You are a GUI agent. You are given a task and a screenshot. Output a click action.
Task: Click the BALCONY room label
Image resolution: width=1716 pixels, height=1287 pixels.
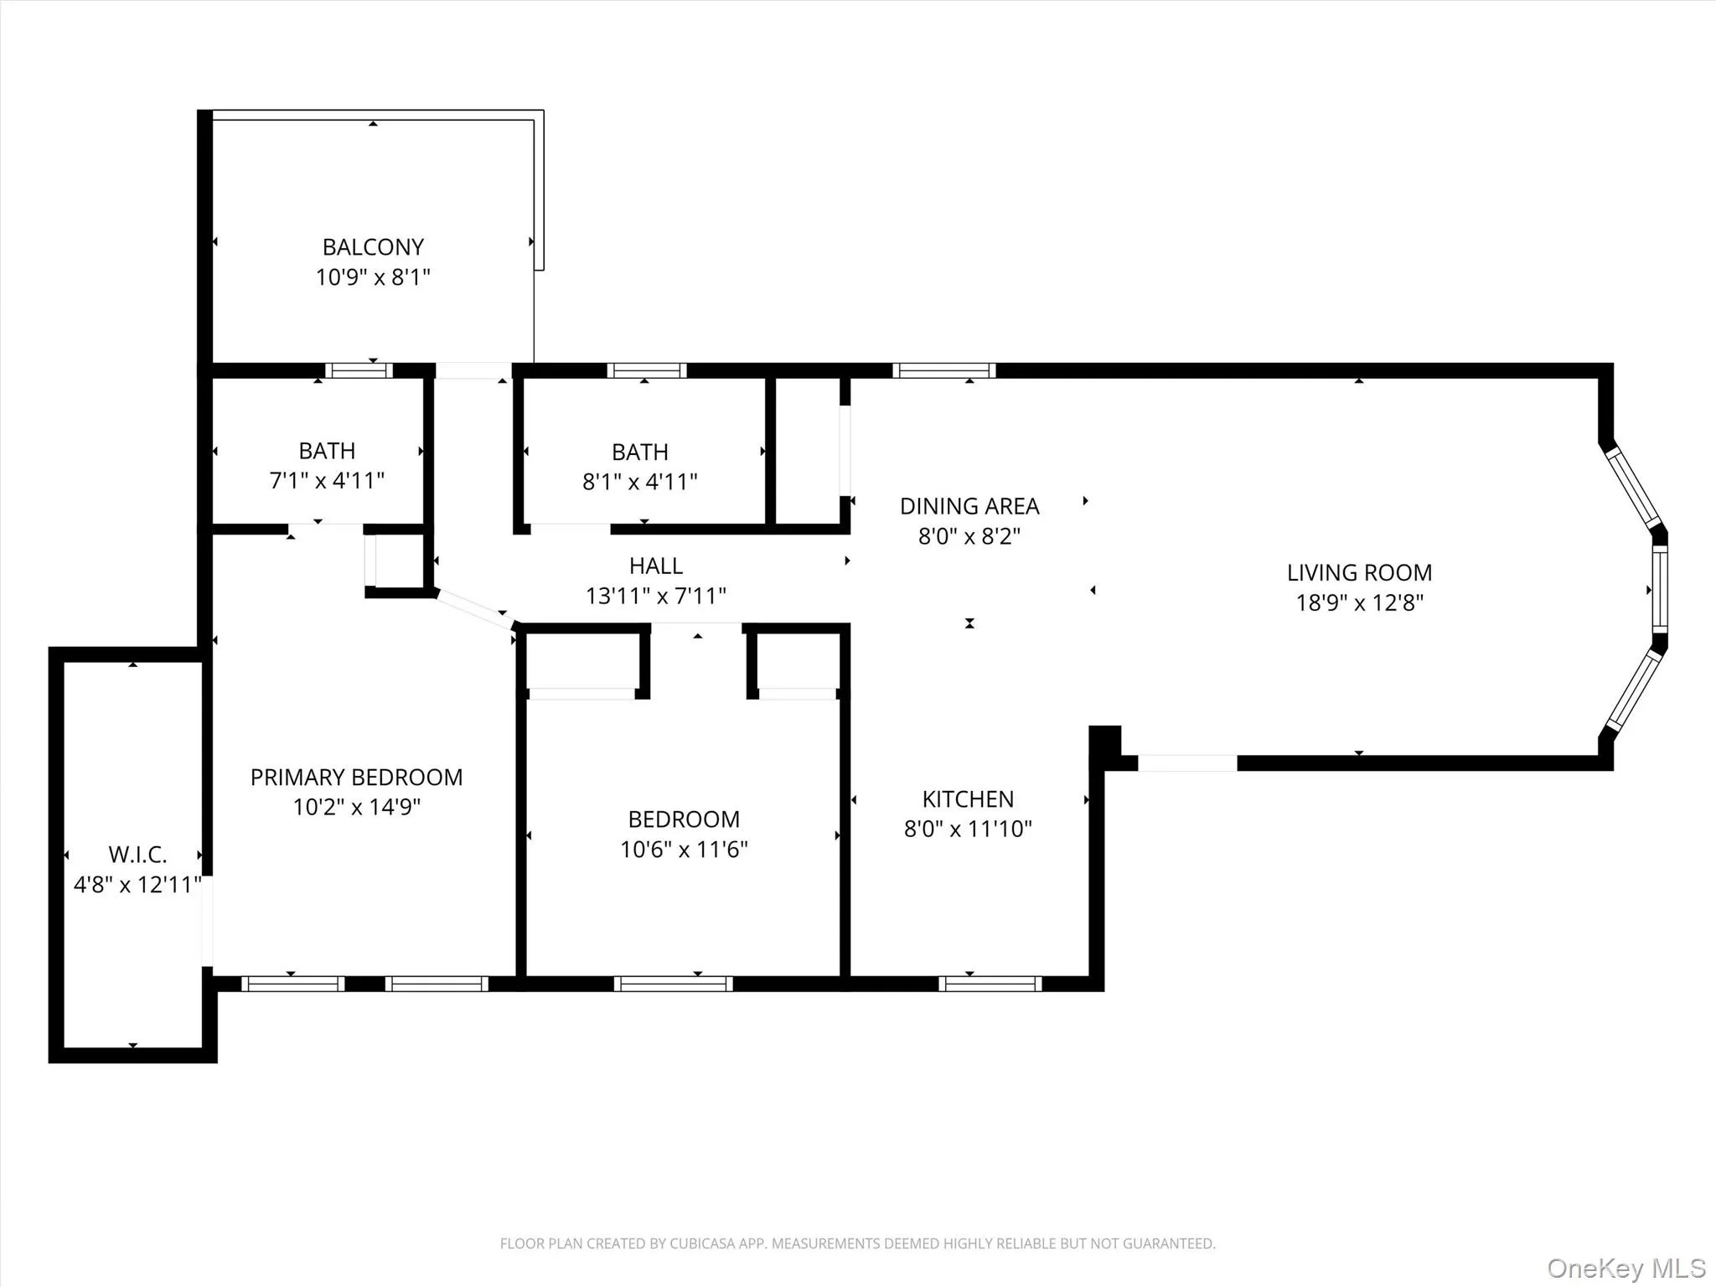(373, 247)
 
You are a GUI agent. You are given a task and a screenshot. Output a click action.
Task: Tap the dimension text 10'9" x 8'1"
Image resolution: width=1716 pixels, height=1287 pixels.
(373, 277)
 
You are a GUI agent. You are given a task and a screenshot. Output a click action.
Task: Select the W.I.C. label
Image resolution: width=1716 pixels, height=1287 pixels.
(137, 855)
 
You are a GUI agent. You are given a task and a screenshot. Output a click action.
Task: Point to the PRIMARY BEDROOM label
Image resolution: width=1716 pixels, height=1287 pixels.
(356, 778)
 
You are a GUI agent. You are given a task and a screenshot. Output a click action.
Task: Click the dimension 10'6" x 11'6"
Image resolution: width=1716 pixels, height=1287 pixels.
(684, 850)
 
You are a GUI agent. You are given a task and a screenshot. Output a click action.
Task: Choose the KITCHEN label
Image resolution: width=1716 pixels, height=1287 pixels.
(968, 799)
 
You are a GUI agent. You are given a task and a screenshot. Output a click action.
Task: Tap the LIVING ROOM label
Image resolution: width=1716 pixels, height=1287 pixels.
(1359, 573)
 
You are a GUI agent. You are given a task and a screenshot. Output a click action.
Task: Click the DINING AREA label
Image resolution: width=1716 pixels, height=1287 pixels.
(969, 506)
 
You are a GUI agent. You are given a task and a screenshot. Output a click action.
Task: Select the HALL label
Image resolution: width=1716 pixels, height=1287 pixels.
(656, 566)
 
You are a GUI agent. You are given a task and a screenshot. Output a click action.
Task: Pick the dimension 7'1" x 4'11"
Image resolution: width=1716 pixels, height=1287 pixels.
(327, 481)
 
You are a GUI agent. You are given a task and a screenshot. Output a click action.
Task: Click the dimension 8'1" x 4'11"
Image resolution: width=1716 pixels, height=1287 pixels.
(640, 482)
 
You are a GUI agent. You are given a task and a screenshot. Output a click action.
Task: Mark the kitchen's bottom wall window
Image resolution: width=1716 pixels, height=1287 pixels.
(990, 984)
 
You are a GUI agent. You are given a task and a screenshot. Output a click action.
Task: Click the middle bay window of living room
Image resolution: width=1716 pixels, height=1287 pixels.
(1659, 590)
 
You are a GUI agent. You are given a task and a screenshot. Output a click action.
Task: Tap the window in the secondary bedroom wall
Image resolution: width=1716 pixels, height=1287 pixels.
(673, 984)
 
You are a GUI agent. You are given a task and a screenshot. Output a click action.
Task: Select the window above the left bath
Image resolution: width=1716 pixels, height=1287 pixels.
(359, 370)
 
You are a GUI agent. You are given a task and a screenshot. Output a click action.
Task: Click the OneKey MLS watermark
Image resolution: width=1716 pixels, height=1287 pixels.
(1626, 1268)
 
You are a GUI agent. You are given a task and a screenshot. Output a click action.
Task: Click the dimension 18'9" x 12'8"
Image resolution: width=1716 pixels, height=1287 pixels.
(1359, 603)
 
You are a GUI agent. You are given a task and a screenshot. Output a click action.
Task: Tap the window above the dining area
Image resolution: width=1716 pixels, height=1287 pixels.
(943, 370)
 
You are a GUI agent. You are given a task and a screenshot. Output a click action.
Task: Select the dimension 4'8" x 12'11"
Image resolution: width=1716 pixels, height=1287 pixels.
(137, 885)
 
